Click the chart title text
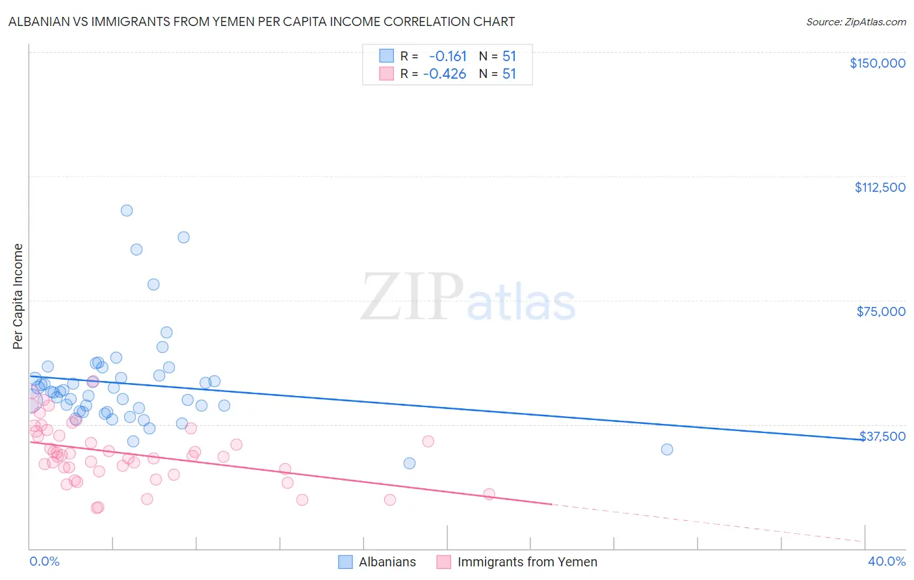coord(261,21)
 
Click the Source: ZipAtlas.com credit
coord(855,21)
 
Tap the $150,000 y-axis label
coord(877,63)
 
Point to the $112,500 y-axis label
coord(880,187)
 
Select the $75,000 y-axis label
coord(881,311)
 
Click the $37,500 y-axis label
coord(882,436)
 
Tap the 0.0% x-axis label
coord(44,562)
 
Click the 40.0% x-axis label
coord(886,562)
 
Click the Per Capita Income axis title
coord(18,296)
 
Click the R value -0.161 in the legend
coord(447,57)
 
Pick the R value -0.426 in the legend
coord(445,74)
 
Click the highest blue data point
coord(127,211)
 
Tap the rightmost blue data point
coord(667,449)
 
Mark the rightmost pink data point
coord(490,494)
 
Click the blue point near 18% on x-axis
coord(410,463)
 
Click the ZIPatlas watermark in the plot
coord(468,298)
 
